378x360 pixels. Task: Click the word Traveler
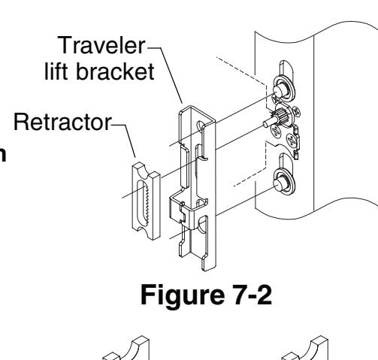[101, 45]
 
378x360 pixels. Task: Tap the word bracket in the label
[115, 71]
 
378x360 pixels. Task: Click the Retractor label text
[62, 123]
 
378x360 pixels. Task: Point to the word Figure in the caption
[183, 295]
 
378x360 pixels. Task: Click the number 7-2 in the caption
[253, 295]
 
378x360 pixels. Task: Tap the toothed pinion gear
[282, 114]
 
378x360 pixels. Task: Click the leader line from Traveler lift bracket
[165, 74]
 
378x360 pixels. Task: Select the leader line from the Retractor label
[124, 141]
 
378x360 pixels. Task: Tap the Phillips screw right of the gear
[296, 111]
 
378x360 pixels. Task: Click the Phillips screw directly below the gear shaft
[277, 131]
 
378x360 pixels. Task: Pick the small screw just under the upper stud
[276, 100]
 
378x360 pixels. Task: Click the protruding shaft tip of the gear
[265, 123]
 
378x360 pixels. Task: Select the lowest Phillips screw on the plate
[292, 141]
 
